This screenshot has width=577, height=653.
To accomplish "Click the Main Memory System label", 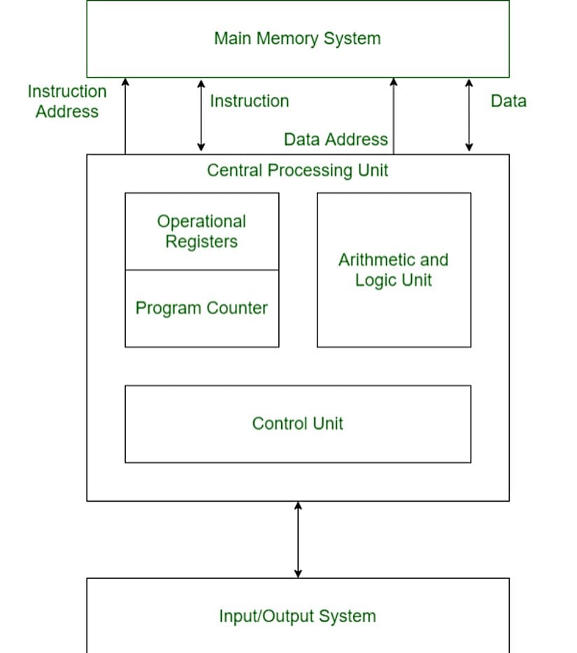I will click(x=297, y=38).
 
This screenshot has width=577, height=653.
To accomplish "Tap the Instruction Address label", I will click(x=67, y=101).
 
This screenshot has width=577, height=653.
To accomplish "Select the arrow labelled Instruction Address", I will click(x=125, y=115).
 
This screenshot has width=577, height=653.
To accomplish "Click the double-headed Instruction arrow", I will click(x=201, y=115).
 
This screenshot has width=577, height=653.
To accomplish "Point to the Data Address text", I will click(x=336, y=139).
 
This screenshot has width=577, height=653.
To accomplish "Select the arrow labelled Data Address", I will click(x=393, y=115).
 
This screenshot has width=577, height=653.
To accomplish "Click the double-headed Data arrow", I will click(x=469, y=115).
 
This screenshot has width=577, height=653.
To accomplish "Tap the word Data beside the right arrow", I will click(x=508, y=101).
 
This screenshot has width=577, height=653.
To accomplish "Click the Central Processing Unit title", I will click(x=297, y=170).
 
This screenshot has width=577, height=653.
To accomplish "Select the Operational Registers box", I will click(x=201, y=231).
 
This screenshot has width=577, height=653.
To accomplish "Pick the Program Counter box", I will click(x=201, y=308).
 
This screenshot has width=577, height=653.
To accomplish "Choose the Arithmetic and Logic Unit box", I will click(x=394, y=269).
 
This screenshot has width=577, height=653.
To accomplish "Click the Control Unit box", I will click(x=297, y=423).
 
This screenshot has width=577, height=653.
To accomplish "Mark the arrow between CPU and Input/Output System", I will click(x=298, y=539).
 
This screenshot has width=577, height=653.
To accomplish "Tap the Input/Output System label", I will click(x=297, y=617).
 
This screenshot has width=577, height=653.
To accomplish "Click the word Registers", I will click(x=201, y=242).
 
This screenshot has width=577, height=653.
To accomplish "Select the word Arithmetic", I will click(x=377, y=260).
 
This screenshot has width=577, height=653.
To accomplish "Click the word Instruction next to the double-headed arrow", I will click(x=249, y=101).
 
